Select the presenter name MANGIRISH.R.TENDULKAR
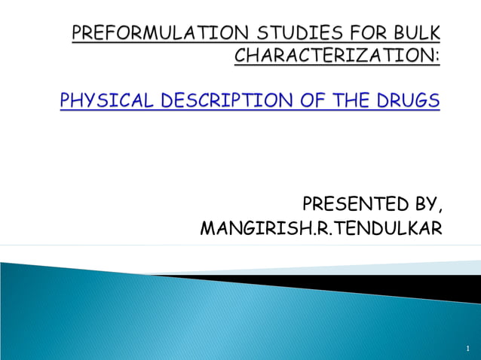click(x=320, y=227)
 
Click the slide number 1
click(x=467, y=349)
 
